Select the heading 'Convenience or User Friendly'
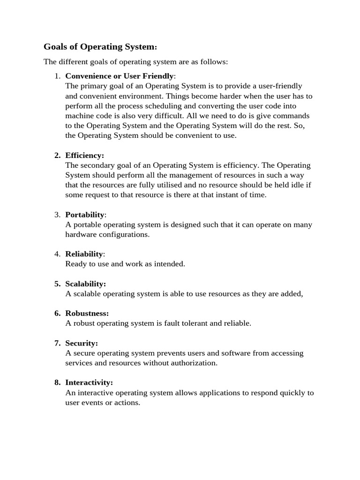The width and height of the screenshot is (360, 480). pos(120,76)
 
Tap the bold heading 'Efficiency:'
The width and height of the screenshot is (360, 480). pos(85,155)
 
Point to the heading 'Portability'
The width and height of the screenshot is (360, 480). pos(85,215)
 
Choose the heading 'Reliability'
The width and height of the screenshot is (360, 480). pos(84,254)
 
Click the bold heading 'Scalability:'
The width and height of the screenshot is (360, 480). pos(86,284)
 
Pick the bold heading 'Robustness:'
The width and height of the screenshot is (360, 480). pos(87,313)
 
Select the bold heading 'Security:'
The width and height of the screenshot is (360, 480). pos(82,343)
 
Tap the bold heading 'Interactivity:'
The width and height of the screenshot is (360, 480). pos(89,382)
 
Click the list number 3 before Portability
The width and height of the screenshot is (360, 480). pos(57,215)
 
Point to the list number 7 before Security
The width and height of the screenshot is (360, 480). pos(57,343)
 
